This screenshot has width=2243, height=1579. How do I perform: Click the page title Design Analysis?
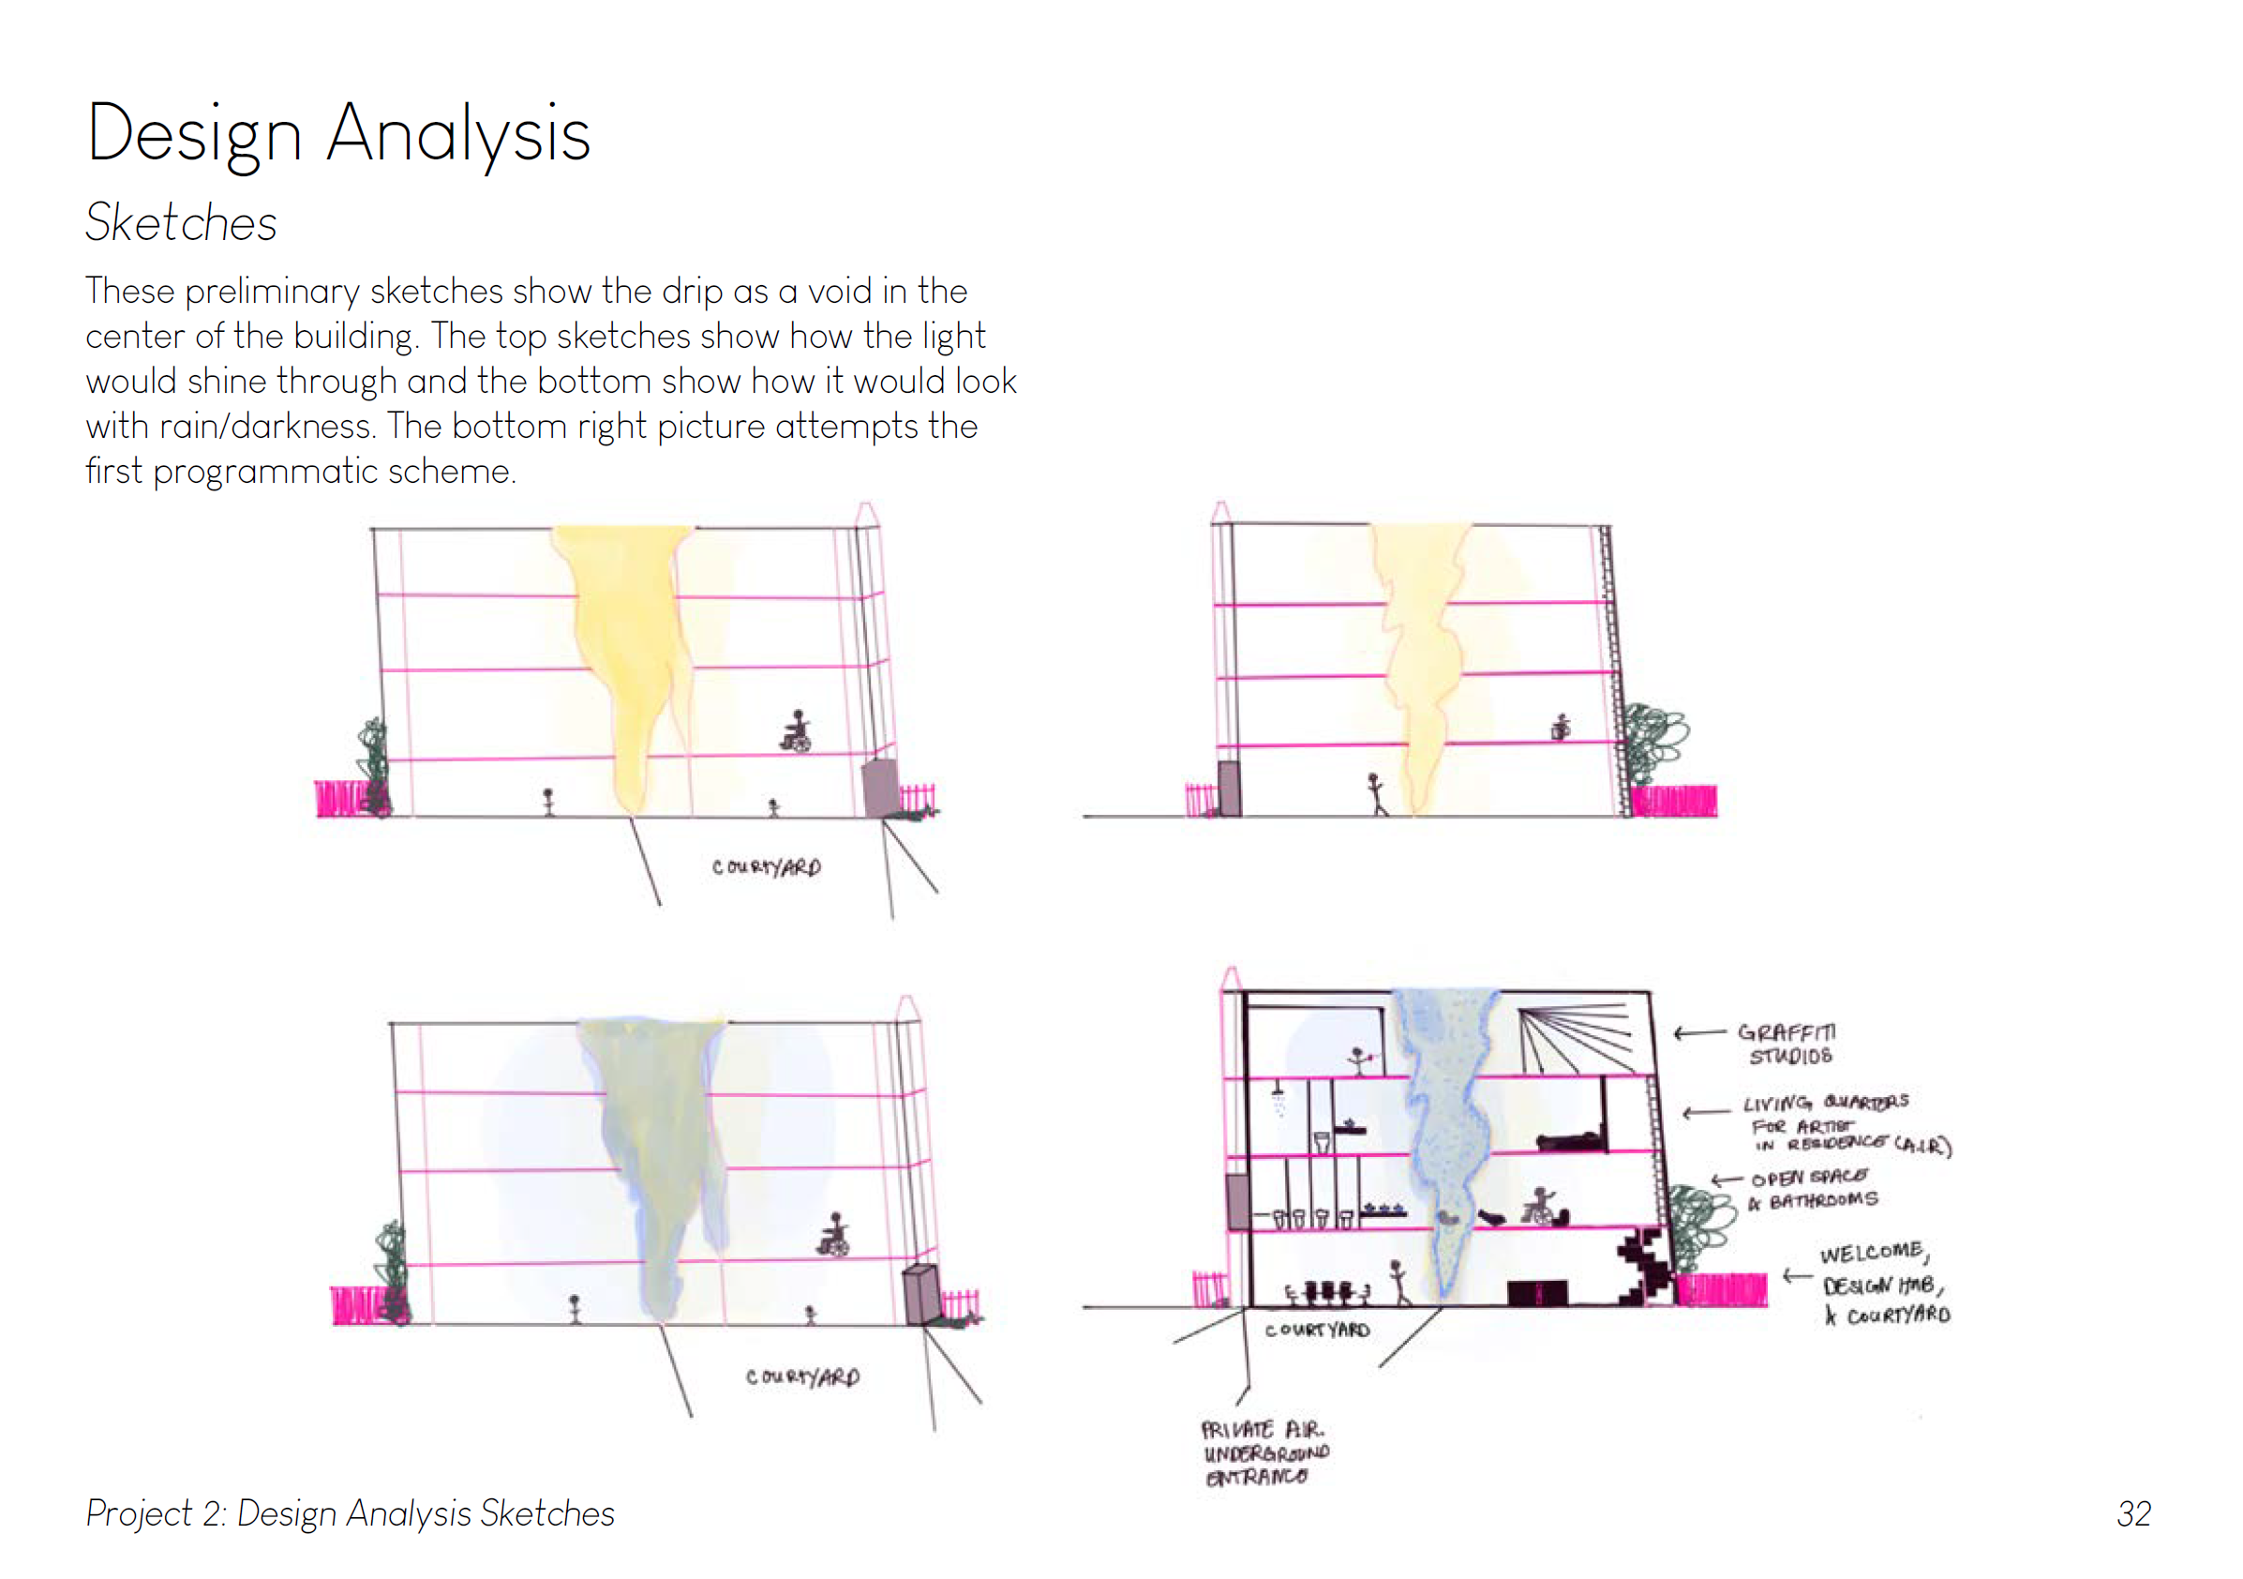(338, 134)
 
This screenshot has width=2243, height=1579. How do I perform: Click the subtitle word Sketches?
(181, 223)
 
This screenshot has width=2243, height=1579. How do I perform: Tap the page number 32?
(2132, 1513)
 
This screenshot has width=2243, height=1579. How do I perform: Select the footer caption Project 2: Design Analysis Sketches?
(350, 1512)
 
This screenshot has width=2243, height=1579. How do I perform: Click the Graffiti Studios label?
(1788, 1044)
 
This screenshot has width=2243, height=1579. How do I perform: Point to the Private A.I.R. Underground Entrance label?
(1264, 1452)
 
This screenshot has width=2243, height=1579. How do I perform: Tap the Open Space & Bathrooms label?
(1813, 1188)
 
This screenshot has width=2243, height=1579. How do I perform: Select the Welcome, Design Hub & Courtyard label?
(1883, 1283)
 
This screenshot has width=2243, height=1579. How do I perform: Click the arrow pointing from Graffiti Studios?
(1700, 1031)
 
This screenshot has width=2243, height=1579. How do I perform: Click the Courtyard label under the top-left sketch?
(766, 866)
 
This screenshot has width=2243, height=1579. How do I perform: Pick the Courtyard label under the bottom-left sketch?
(802, 1376)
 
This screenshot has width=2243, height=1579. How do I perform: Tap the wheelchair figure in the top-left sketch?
(797, 732)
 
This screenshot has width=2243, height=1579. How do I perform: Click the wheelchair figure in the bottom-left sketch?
(833, 1235)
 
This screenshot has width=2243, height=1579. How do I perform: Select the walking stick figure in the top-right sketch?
(1377, 793)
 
